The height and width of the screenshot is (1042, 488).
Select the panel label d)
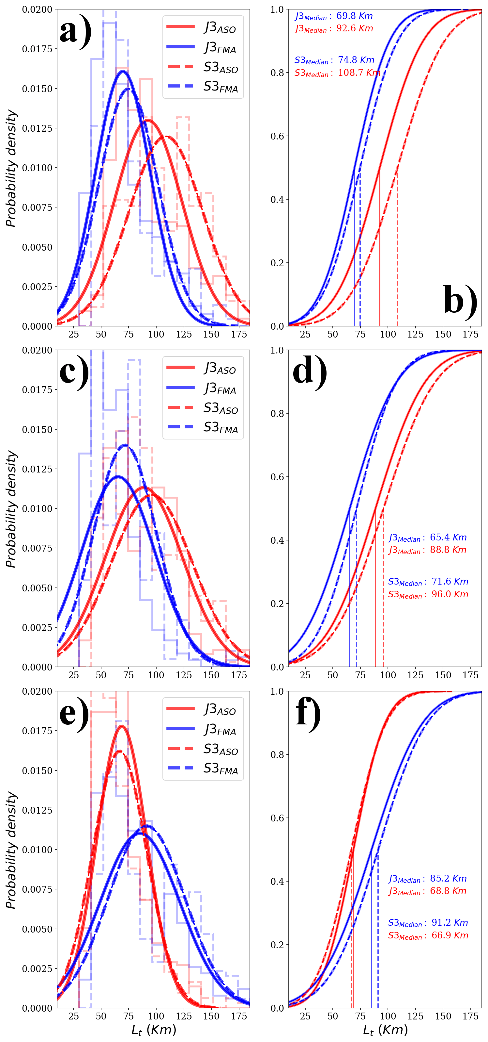[310, 371]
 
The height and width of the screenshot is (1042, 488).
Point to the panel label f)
[308, 712]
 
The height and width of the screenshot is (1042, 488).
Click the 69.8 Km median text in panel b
[354, 16]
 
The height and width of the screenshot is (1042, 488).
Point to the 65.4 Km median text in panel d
[448, 537]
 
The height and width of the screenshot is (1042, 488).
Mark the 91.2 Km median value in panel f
[450, 923]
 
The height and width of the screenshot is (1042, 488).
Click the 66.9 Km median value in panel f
[450, 935]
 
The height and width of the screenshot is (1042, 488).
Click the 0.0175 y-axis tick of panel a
[37, 49]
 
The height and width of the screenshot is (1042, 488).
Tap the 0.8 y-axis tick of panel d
[277, 413]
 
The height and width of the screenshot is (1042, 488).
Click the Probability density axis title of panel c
[12, 509]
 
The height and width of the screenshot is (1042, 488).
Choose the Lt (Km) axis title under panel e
[154, 1030]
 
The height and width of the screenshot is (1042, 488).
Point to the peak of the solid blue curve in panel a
[123, 71]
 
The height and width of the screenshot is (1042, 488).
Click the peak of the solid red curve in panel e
[122, 726]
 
